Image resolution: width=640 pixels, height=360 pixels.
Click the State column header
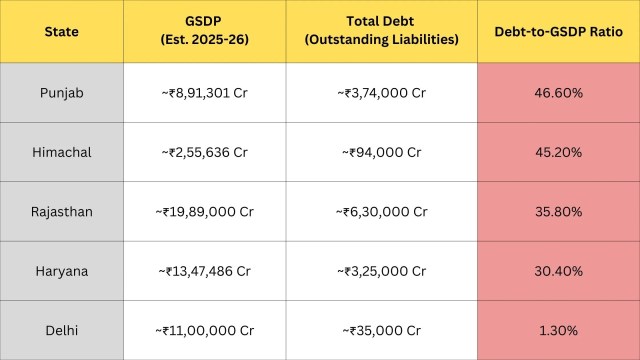[62, 31]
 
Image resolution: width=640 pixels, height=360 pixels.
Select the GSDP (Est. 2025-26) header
[204, 30]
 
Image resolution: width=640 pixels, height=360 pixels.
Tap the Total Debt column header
[381, 30]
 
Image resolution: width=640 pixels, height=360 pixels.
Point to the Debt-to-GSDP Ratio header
[558, 31]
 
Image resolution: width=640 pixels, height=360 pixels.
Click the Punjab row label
[62, 93]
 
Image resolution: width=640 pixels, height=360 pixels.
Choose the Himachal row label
[62, 152]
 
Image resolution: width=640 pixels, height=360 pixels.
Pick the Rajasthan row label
[62, 212]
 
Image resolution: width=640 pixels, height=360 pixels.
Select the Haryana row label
[62, 271]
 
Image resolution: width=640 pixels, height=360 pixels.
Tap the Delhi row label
[62, 331]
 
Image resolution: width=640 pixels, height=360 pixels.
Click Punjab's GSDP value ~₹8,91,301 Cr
[204, 93]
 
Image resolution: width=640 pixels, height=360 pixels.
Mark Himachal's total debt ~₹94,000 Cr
[381, 152]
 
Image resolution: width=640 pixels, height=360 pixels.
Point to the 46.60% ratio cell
[558, 93]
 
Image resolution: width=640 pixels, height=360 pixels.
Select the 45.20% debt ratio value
[558, 152]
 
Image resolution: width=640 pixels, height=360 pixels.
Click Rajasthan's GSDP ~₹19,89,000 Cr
[204, 212]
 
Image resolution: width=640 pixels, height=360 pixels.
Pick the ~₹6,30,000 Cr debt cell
[381, 212]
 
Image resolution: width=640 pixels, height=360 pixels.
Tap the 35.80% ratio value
[558, 212]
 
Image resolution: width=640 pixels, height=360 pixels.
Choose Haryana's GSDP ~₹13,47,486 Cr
[204, 271]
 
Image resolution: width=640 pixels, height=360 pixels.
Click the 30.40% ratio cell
[558, 271]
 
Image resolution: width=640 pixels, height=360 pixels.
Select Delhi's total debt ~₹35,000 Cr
[381, 331]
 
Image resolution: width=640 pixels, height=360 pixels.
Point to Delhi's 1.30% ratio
[558, 331]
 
